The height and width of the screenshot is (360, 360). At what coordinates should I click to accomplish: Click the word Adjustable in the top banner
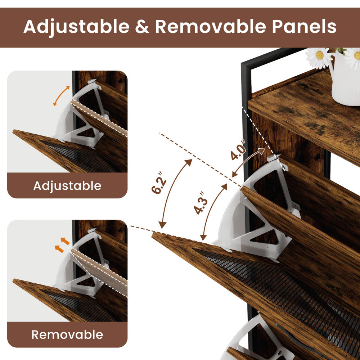[x=76, y=27]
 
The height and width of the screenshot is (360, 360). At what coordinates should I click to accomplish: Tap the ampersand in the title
[x=142, y=27]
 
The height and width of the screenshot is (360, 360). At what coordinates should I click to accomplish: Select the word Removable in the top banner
[x=211, y=26]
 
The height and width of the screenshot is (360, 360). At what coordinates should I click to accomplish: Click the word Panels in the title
[x=304, y=26]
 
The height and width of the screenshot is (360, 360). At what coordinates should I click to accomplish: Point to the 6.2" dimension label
[x=159, y=183]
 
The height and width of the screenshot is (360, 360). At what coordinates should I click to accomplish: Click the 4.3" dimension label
[x=201, y=203]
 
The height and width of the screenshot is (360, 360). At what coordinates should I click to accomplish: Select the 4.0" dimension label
[x=238, y=150]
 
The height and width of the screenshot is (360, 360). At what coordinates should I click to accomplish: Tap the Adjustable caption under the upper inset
[x=67, y=186]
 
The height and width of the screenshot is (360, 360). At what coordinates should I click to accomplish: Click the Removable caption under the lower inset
[x=67, y=334]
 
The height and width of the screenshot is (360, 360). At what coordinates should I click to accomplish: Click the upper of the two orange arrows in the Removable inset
[x=65, y=241]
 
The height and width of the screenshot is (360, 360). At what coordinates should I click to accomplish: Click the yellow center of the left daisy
[x=319, y=55]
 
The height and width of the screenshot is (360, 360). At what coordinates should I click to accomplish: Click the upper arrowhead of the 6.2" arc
[x=189, y=162]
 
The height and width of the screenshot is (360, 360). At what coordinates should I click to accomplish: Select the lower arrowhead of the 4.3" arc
[x=203, y=237]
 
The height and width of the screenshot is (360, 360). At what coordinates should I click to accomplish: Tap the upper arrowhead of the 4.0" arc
[x=262, y=151]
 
